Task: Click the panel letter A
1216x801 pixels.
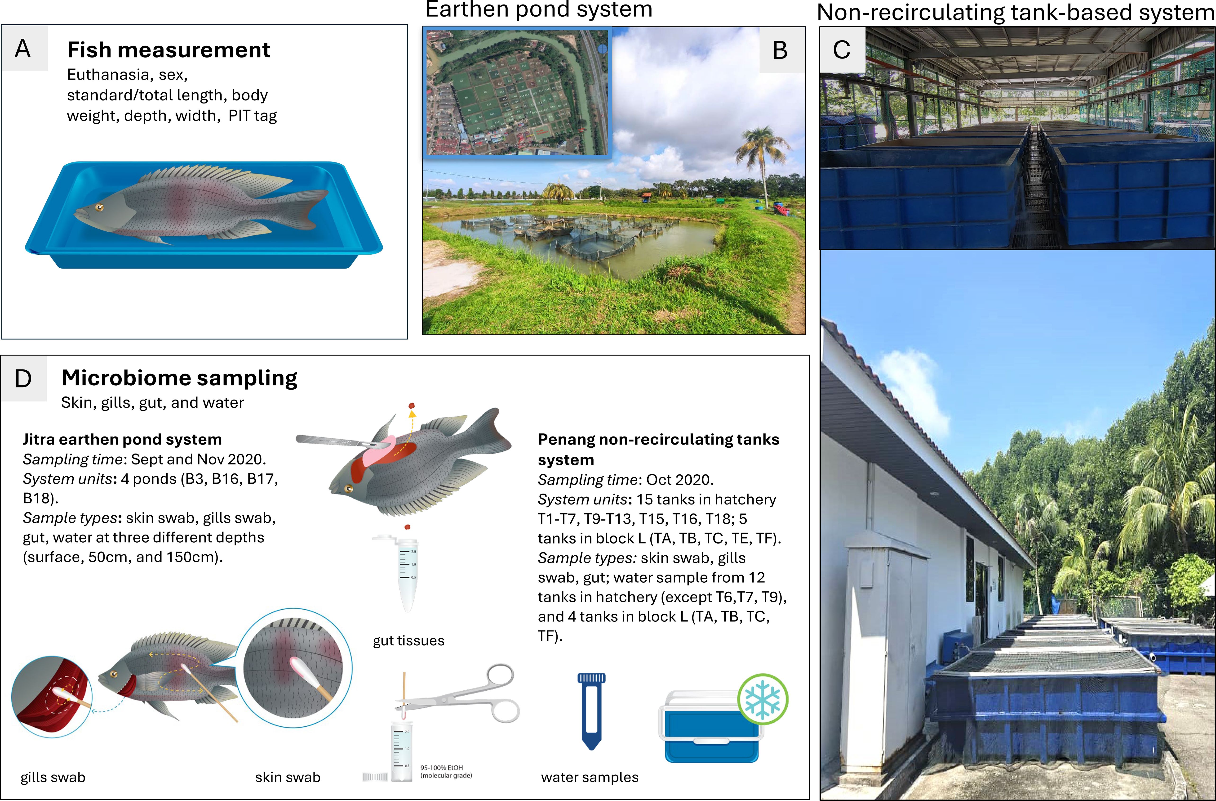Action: pyautogui.click(x=23, y=49)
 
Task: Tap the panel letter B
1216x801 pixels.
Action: pyautogui.click(x=780, y=50)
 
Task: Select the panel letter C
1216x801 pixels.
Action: pyautogui.click(x=842, y=50)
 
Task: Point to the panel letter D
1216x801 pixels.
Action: pyautogui.click(x=23, y=379)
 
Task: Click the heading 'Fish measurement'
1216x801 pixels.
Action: pyautogui.click(x=169, y=50)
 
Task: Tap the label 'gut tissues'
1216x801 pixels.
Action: pyautogui.click(x=408, y=640)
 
